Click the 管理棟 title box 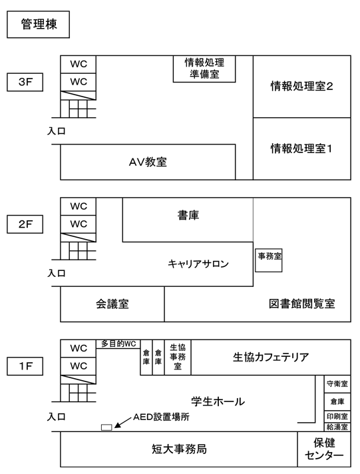tap(39, 25)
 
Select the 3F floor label tap(25, 82)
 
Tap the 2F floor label tap(25, 224)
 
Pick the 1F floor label tap(25, 366)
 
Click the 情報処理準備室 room tap(204, 69)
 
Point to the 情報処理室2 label tap(301, 87)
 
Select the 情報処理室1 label tap(301, 148)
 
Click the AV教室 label tap(148, 162)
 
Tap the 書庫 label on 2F tap(188, 216)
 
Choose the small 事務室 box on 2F tap(269, 260)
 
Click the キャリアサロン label tap(198, 264)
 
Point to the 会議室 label tap(112, 304)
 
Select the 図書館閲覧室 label tap(302, 304)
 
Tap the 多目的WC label tap(118, 344)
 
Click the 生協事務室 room tap(178, 357)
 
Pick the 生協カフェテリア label tap(271, 357)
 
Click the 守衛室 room tap(337, 384)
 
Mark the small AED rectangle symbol tap(106, 427)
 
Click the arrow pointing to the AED tap(123, 422)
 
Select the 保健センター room tap(324, 449)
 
